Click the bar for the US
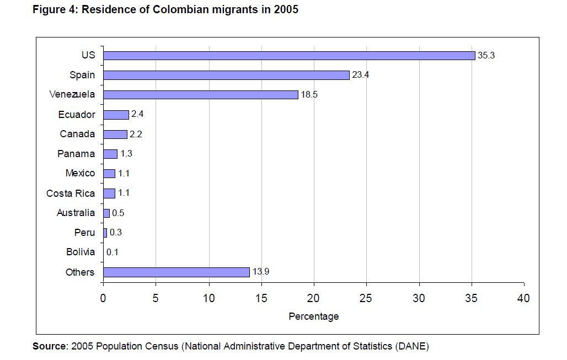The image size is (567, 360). click(x=289, y=55)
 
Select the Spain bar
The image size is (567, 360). click(x=226, y=75)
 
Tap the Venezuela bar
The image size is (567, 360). click(x=200, y=95)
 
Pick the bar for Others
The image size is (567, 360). click(x=176, y=272)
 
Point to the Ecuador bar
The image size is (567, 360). click(x=116, y=115)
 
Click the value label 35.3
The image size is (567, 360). click(x=486, y=55)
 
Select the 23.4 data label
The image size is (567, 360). click(x=361, y=75)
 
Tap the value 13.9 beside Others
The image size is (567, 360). click(x=261, y=272)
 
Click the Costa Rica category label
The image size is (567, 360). click(x=71, y=194)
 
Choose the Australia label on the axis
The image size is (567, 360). click(x=76, y=213)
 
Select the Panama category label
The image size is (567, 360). click(x=76, y=154)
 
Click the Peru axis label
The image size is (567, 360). click(x=84, y=233)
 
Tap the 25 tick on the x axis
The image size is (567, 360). click(x=367, y=298)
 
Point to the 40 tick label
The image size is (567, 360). click(x=524, y=298)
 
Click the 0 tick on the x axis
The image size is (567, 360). click(x=103, y=298)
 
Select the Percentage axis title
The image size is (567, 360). click(x=314, y=316)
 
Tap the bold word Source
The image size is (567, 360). click(x=49, y=346)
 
